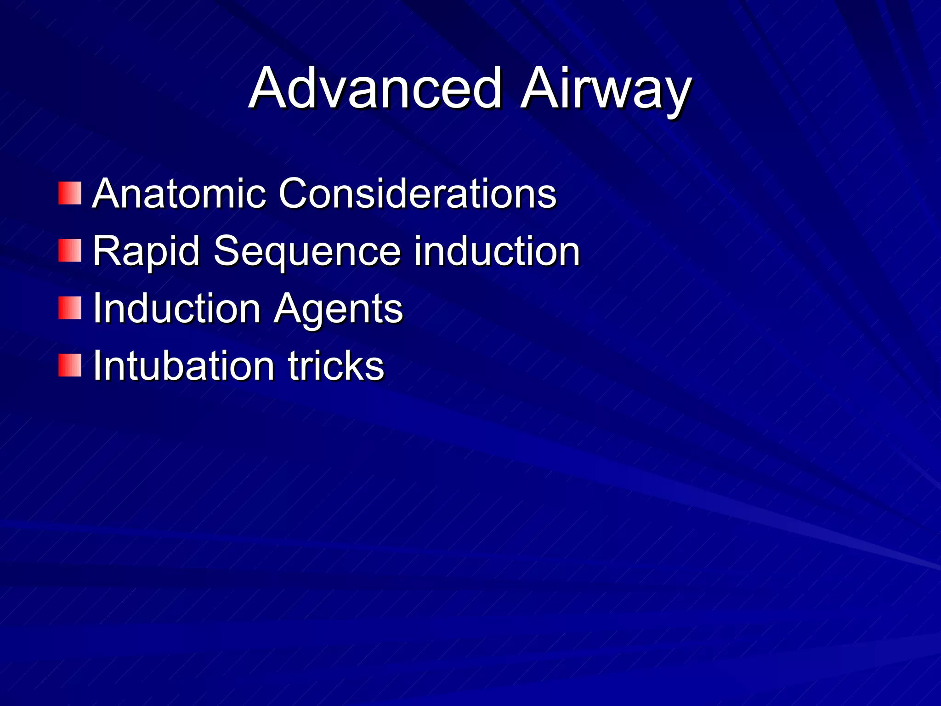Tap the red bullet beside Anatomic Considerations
click(70, 193)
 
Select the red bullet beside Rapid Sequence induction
click(70, 251)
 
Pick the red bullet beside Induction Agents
click(70, 308)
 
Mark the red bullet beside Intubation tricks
click(70, 365)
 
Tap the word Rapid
click(146, 251)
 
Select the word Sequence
click(307, 251)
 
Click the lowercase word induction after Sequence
click(497, 251)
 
